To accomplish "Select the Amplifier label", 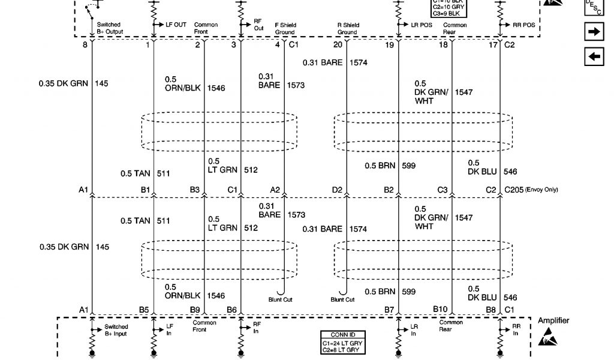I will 553,320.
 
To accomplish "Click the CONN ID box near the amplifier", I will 344,343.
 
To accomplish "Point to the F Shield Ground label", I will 285,29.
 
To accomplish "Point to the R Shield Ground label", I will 347,29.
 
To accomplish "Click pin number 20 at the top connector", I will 338,45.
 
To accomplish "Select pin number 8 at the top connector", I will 85,45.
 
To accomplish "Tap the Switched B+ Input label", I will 116,330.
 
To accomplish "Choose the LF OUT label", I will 176,25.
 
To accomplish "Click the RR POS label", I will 524,25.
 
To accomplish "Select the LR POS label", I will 422,25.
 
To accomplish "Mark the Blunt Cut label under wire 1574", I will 342,299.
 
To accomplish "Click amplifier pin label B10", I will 441,309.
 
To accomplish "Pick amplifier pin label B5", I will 144,309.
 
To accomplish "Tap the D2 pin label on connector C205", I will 337,190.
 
